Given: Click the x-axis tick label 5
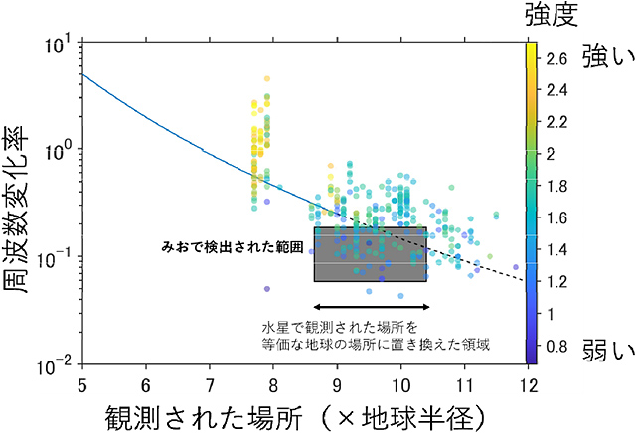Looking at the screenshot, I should click(x=81, y=381).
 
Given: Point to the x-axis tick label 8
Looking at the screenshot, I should click(x=273, y=381).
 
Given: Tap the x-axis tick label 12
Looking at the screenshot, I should click(x=526, y=381).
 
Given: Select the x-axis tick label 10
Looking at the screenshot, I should click(x=400, y=381).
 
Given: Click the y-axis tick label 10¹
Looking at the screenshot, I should click(x=58, y=44).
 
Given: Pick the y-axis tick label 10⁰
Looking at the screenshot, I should click(x=58, y=151).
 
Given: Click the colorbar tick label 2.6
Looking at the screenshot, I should click(x=557, y=59).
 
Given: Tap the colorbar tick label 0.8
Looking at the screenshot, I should click(x=557, y=346).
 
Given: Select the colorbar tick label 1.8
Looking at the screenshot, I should click(x=557, y=186).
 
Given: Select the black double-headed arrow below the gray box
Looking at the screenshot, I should click(x=371, y=305).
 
